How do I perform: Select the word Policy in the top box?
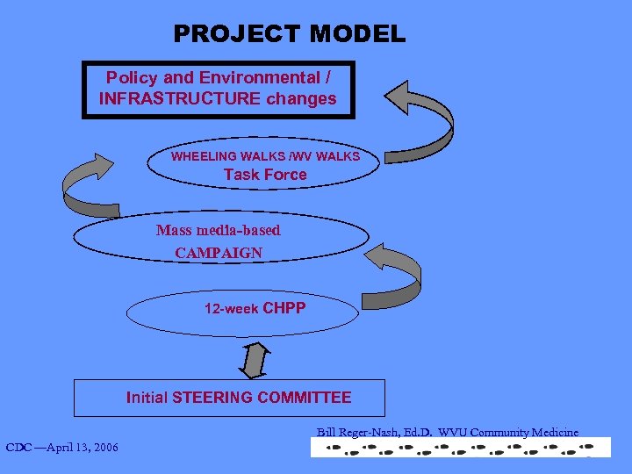click(x=131, y=77)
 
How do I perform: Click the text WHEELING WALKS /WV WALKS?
click(x=265, y=156)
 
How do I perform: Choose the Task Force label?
click(x=265, y=175)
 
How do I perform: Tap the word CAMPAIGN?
click(x=219, y=253)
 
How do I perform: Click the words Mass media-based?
click(x=219, y=231)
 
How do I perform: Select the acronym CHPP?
click(x=284, y=308)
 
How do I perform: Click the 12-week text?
click(x=231, y=309)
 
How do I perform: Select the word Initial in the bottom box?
click(x=147, y=398)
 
